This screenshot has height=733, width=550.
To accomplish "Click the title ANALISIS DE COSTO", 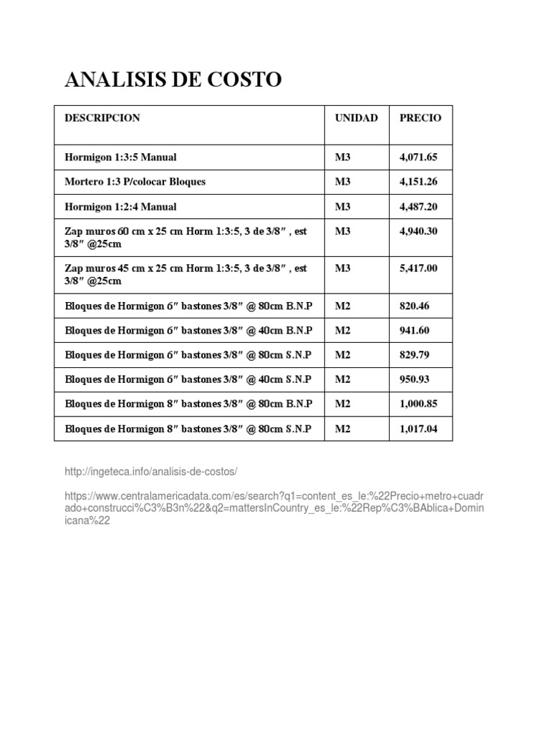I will [x=173, y=80].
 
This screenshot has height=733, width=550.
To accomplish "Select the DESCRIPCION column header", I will [x=102, y=118].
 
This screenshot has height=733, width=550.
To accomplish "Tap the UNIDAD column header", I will [x=356, y=118].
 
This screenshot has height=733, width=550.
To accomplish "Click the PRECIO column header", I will [x=420, y=118].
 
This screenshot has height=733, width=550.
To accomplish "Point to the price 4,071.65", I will [x=418, y=157].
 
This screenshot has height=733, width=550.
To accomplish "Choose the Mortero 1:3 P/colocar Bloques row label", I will [x=135, y=182].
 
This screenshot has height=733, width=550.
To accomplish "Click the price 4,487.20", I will [x=418, y=207].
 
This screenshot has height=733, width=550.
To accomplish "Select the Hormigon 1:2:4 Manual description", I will [x=120, y=207].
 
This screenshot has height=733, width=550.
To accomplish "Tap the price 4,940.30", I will [x=418, y=231].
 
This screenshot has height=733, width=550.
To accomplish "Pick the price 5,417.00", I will [x=418, y=268].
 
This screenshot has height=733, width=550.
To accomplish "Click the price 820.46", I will [x=415, y=306].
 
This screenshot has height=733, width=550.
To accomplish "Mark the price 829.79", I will [x=415, y=355].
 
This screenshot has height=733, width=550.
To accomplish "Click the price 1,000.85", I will [x=418, y=404].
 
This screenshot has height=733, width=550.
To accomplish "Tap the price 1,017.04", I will [x=418, y=429].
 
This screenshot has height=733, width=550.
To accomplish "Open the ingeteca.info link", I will [x=150, y=473].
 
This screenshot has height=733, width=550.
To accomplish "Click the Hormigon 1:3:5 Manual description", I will [x=120, y=157].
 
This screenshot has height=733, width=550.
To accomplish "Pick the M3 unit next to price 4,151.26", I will [x=343, y=182].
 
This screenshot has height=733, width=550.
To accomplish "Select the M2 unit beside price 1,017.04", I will [x=343, y=429].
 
